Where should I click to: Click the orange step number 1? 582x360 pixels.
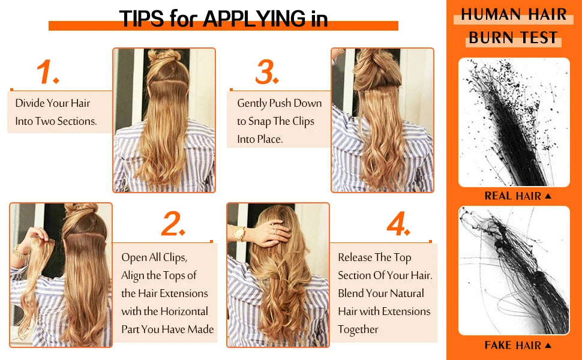47,73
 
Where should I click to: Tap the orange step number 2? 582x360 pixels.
173,224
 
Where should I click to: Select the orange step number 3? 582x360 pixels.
267,73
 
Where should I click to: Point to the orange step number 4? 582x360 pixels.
398,224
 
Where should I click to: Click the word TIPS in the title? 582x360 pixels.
141,19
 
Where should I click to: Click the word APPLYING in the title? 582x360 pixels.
254,19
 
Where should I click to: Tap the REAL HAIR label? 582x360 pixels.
513,196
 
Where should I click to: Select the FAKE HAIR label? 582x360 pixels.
513,345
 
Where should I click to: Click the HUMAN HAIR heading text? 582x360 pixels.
514,14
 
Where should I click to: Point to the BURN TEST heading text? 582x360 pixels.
514,37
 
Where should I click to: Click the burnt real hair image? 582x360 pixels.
514,122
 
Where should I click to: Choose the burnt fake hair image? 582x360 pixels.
514,270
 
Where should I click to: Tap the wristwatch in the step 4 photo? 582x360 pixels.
240,233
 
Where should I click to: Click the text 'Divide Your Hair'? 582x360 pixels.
53,103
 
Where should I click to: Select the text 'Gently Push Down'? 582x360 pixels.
280,103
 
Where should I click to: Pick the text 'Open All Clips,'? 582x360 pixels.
154,257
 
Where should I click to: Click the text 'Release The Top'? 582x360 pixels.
374,257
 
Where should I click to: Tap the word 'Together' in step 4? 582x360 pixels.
358,329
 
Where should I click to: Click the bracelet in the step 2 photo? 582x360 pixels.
20,253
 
